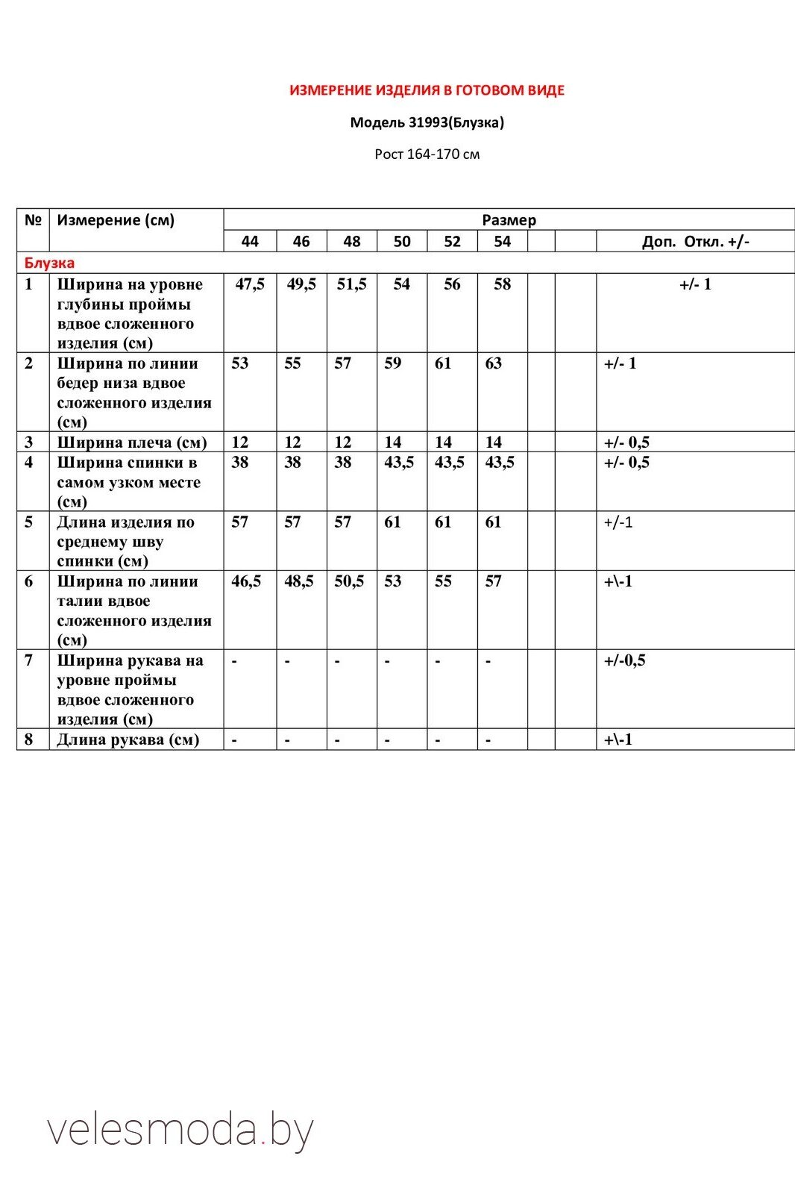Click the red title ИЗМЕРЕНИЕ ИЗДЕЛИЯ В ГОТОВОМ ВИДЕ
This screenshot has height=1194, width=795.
pyautogui.click(x=427, y=90)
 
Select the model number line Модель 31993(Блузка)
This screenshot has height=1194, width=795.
pyautogui.click(x=427, y=122)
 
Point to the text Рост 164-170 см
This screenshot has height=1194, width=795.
pyautogui.click(x=427, y=154)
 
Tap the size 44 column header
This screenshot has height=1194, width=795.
pyautogui.click(x=250, y=241)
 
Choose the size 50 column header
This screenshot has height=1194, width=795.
pyautogui.click(x=402, y=241)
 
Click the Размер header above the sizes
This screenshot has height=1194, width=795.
pyautogui.click(x=509, y=220)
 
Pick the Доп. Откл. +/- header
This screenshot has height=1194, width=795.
pyautogui.click(x=695, y=241)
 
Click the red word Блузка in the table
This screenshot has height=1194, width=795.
pyautogui.click(x=49, y=263)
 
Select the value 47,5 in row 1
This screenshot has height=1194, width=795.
pyautogui.click(x=250, y=284)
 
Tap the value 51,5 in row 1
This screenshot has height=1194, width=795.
pyautogui.click(x=351, y=284)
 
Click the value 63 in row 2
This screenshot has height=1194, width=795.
pyautogui.click(x=494, y=363)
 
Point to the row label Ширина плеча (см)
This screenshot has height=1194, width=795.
pyautogui.click(x=132, y=442)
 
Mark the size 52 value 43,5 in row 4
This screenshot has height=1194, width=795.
pyautogui.click(x=450, y=463)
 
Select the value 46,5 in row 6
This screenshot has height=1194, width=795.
pyautogui.click(x=246, y=581)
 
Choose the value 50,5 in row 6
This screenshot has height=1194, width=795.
pyautogui.click(x=349, y=581)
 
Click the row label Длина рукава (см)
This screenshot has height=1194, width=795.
pyautogui.click(x=128, y=740)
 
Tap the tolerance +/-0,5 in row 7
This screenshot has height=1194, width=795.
pyautogui.click(x=624, y=660)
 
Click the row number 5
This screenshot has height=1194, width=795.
pyautogui.click(x=29, y=522)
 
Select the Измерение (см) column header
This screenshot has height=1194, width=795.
pyautogui.click(x=116, y=220)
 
